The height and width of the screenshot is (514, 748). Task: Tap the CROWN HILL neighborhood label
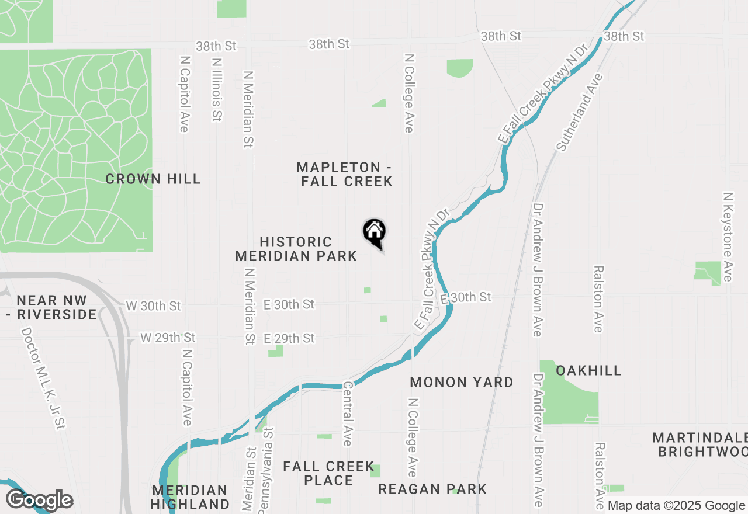click(x=153, y=179)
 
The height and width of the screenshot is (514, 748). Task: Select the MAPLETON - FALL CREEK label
click(x=347, y=175)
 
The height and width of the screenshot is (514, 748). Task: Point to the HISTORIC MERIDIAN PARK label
click(x=296, y=249)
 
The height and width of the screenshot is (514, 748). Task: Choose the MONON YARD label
click(x=462, y=382)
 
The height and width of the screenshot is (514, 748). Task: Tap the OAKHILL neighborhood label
click(x=588, y=370)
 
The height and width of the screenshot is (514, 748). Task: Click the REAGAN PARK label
click(x=432, y=489)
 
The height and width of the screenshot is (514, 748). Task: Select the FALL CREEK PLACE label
click(x=328, y=473)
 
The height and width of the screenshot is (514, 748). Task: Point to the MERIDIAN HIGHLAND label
click(x=190, y=496)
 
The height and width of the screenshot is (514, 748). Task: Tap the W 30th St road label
click(x=154, y=305)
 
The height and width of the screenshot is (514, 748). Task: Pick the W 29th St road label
click(x=168, y=338)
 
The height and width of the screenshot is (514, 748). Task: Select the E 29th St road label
click(x=289, y=338)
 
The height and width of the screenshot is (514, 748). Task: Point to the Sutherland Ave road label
click(x=579, y=113)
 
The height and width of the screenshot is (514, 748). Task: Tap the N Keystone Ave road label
click(x=728, y=237)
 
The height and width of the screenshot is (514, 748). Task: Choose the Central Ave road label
click(x=348, y=414)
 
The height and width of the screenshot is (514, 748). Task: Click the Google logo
click(x=39, y=500)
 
